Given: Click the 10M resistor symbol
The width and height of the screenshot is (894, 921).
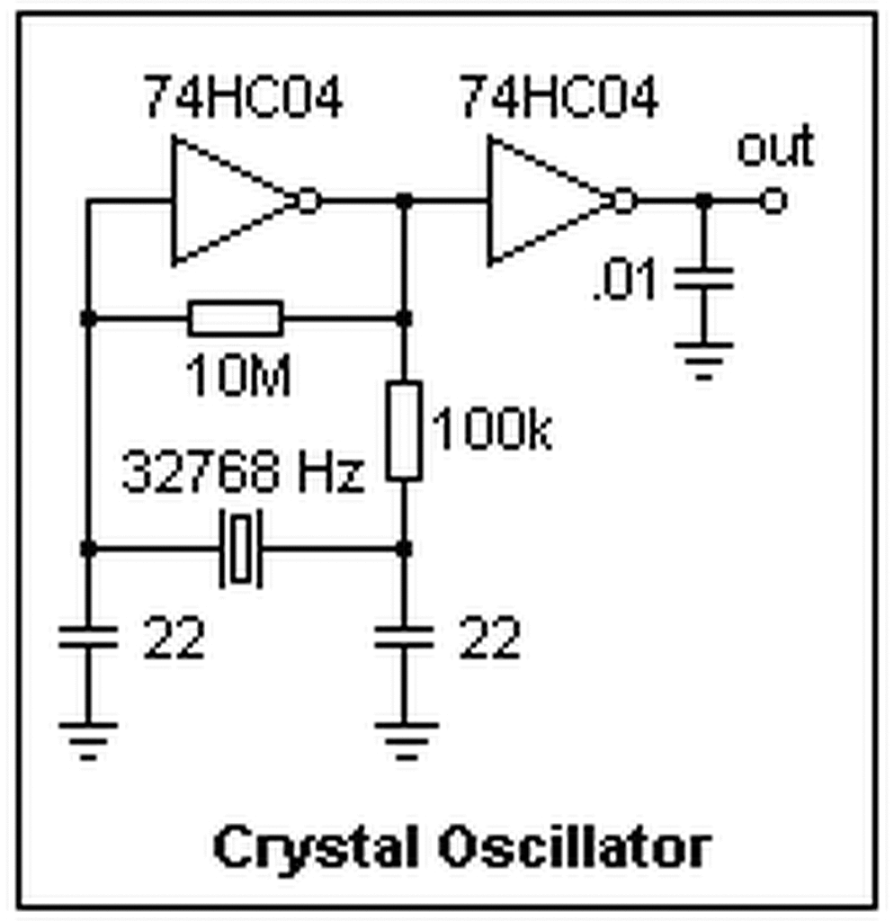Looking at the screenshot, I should pyautogui.click(x=236, y=318).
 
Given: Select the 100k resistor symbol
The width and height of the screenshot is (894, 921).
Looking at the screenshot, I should pyautogui.click(x=404, y=430).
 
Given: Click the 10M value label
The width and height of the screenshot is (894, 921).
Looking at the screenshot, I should pyautogui.click(x=238, y=379).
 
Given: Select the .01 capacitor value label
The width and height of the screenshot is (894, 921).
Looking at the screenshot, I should pyautogui.click(x=628, y=282).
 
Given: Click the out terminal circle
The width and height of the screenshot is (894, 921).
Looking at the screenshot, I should pyautogui.click(x=773, y=201).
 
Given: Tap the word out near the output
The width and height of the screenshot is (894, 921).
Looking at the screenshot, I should pyautogui.click(x=775, y=149).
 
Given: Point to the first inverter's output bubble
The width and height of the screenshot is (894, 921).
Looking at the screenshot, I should pyautogui.click(x=308, y=201).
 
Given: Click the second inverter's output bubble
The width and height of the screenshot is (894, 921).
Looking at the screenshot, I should pyautogui.click(x=624, y=201).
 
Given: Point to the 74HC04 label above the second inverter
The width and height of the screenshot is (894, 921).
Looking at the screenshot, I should pyautogui.click(x=559, y=99).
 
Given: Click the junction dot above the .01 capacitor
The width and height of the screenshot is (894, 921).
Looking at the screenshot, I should pyautogui.click(x=704, y=201).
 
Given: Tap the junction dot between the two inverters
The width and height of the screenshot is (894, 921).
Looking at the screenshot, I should pyautogui.click(x=404, y=201).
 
